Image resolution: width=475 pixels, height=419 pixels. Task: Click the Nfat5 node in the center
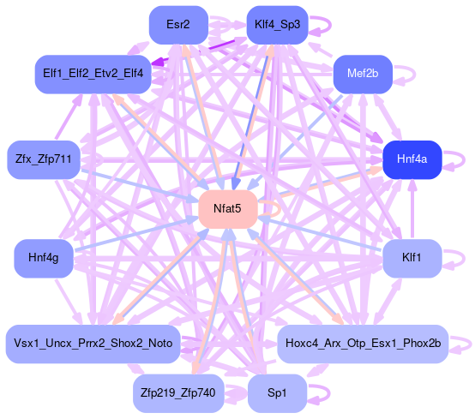[228, 209]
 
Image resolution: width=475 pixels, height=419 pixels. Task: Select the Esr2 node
[178, 25]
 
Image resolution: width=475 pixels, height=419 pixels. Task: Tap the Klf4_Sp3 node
[278, 25]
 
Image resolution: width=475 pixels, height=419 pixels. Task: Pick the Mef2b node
[363, 74]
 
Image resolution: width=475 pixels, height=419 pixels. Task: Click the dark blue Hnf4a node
[412, 159]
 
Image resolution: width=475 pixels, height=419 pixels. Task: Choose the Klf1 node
[412, 258]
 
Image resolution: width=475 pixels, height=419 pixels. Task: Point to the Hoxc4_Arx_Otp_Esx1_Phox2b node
[363, 344]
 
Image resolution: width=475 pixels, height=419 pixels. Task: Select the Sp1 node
[277, 393]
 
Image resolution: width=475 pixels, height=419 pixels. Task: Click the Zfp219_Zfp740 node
[178, 393]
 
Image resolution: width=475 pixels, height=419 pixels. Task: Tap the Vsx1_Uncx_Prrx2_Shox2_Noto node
[93, 344]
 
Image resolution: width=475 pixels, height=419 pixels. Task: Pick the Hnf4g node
[44, 258]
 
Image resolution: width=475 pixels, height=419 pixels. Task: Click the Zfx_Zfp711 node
[44, 159]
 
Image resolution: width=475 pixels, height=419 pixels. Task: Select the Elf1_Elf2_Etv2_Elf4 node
[93, 74]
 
